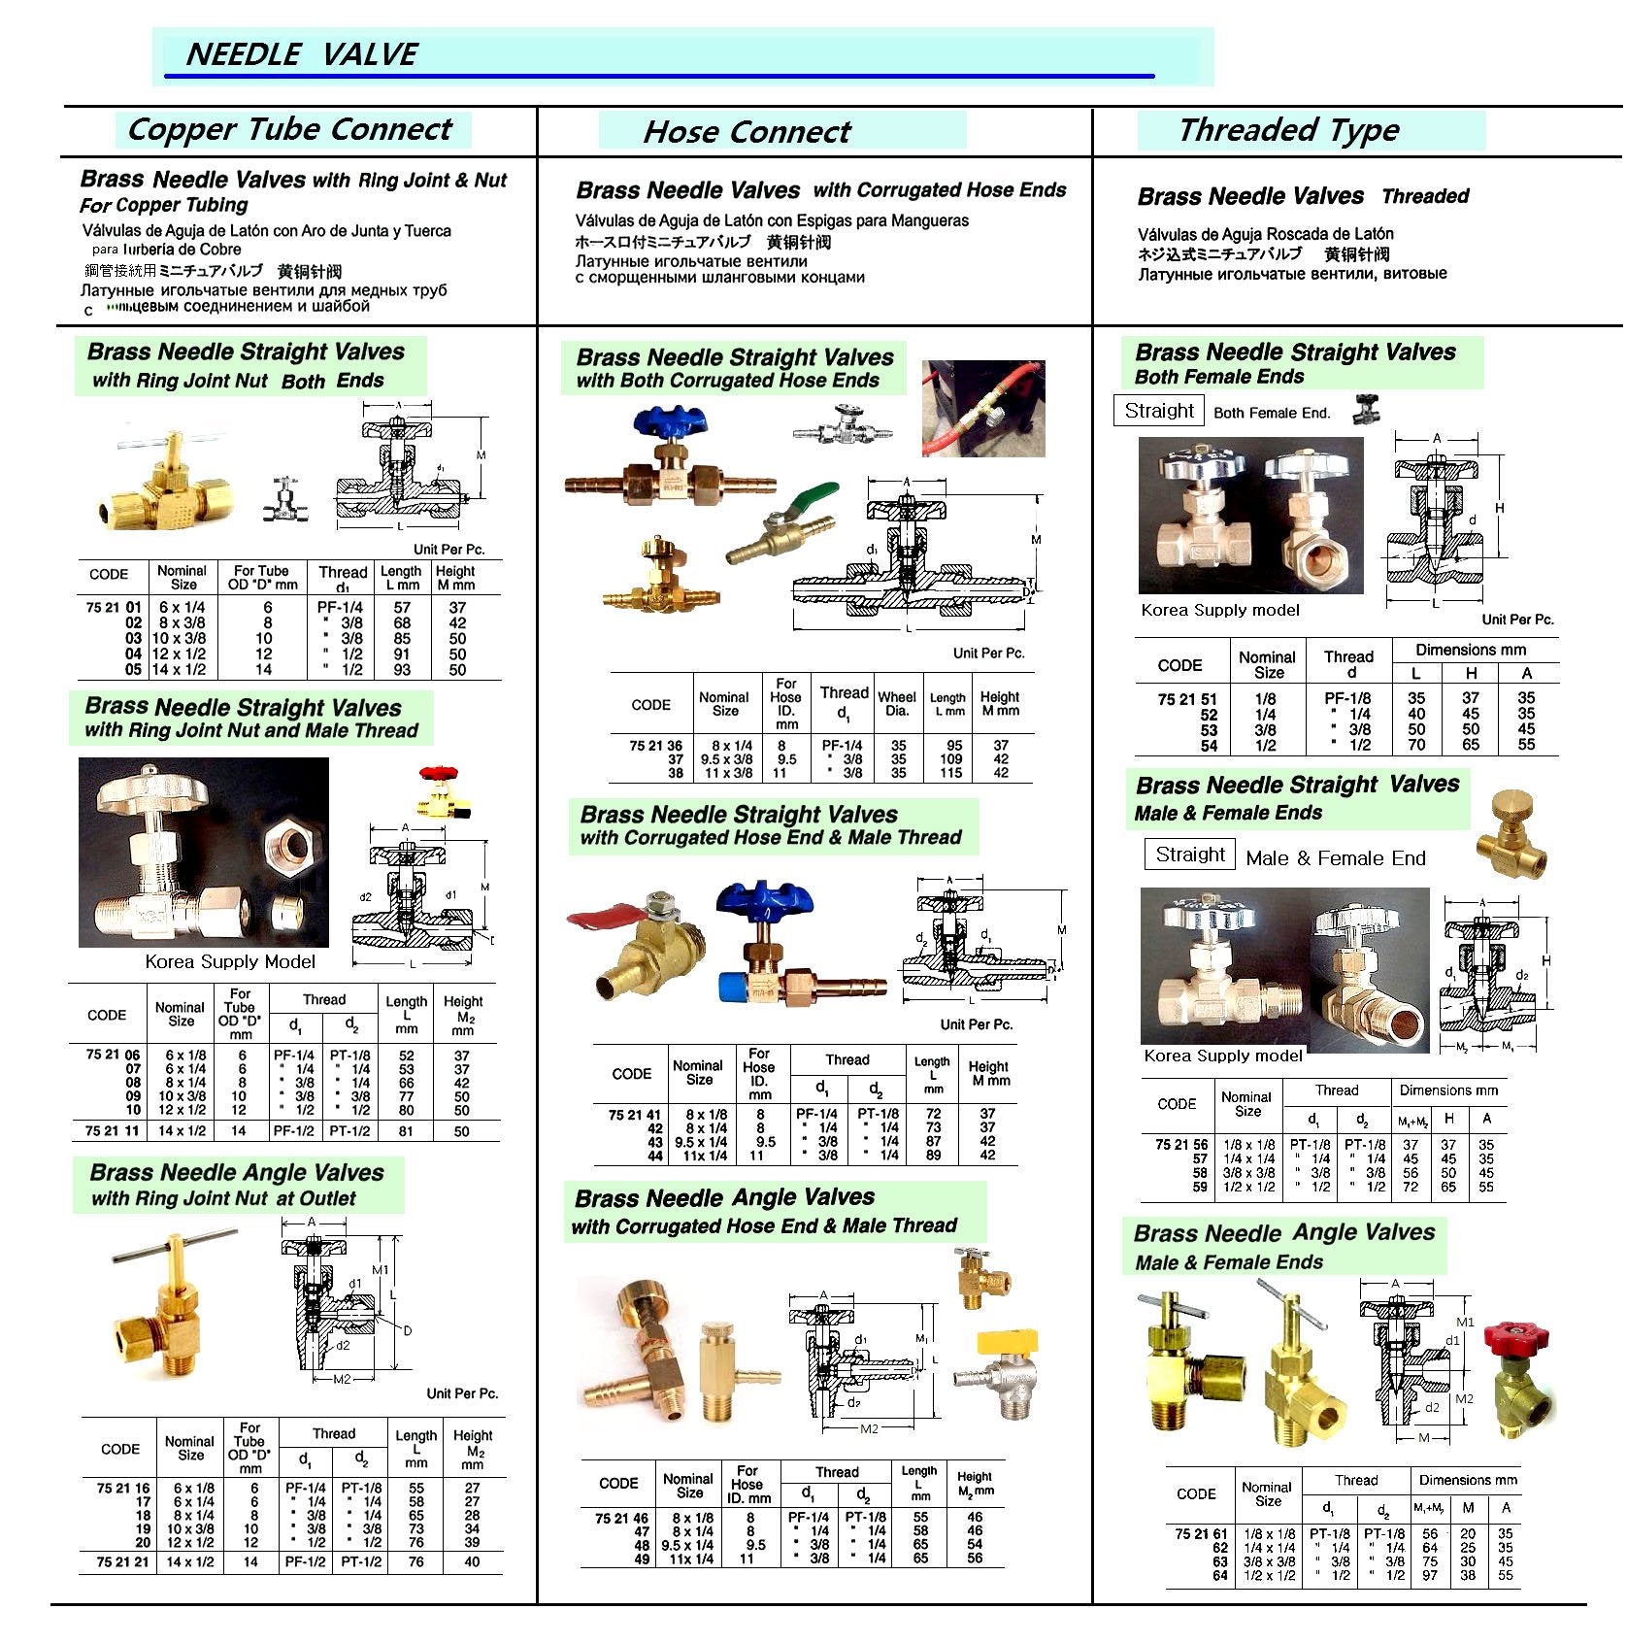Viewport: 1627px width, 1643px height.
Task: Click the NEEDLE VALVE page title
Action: (301, 54)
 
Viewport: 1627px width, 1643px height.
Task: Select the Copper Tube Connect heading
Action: (290, 129)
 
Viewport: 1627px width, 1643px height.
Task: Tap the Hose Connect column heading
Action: (747, 132)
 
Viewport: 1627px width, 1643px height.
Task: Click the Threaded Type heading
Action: (1288, 130)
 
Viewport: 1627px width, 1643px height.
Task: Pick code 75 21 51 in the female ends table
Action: (1187, 698)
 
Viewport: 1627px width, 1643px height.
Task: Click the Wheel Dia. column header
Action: (897, 703)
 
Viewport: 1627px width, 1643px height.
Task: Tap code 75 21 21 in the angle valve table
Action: (122, 1562)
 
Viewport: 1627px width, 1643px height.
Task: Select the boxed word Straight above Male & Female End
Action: (1190, 855)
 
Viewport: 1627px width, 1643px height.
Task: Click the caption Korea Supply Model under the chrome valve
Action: (230, 961)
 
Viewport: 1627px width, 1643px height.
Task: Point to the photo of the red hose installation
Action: (982, 409)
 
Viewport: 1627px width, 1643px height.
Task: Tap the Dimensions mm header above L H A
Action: (1471, 650)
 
